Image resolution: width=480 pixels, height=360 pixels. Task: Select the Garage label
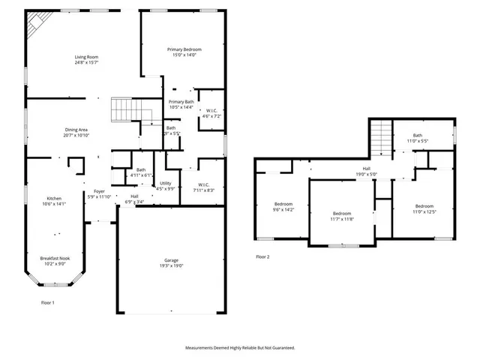coord(172,261)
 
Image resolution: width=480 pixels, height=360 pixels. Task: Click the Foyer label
coord(99,192)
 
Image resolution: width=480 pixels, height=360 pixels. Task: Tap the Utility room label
coord(166,183)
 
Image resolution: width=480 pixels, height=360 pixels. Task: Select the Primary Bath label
coord(181,101)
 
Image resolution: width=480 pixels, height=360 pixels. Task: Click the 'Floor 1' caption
coord(47,302)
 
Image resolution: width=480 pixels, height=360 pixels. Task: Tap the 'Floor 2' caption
coord(262,256)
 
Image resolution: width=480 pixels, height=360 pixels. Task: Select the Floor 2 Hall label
coord(367,169)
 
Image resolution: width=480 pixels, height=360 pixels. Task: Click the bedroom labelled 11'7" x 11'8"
coord(342,214)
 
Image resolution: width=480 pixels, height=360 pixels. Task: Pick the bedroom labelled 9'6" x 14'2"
coord(283,204)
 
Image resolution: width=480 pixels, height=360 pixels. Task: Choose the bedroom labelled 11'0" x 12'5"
coord(424,206)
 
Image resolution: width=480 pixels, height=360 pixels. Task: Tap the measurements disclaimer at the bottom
coord(240,348)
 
